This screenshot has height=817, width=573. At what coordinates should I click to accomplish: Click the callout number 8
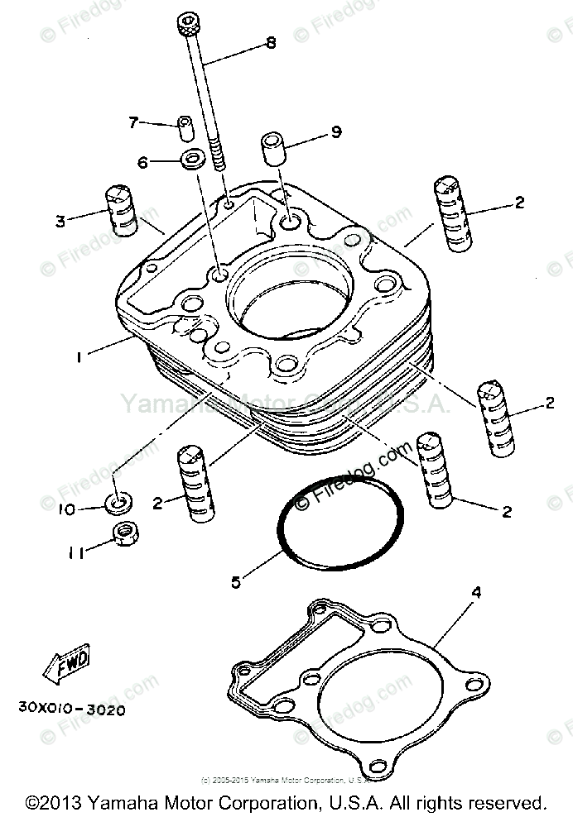point(271,44)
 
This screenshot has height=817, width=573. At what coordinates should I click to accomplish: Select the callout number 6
point(142,163)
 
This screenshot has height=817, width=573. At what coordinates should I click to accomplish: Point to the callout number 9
point(336,131)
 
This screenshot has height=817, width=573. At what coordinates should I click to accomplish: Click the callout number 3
point(60,221)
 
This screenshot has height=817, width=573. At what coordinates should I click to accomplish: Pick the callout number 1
point(79,357)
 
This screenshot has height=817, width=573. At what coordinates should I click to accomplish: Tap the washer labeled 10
point(121,501)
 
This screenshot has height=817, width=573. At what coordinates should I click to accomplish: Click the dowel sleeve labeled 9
point(274,148)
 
